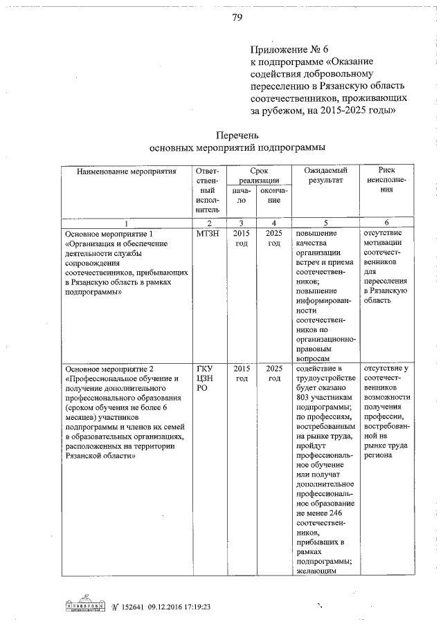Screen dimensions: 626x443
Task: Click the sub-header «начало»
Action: tap(240, 194)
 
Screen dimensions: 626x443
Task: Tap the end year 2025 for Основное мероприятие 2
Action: tap(274, 374)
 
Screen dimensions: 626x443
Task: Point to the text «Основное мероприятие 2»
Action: tap(107, 369)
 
